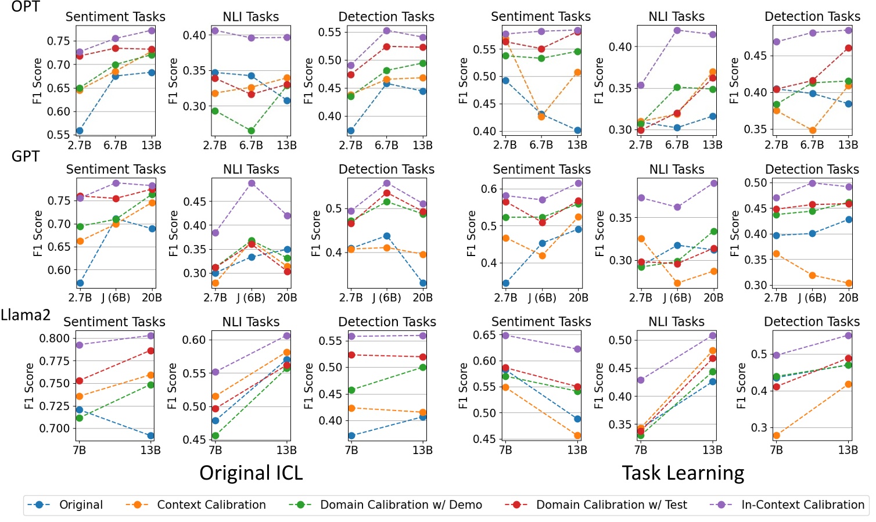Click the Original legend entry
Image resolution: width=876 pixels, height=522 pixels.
tap(81, 505)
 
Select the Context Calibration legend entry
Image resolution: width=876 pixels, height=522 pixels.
tap(211, 505)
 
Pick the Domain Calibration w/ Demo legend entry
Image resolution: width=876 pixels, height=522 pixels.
tap(401, 505)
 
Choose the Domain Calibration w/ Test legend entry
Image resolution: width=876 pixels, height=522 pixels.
tap(611, 505)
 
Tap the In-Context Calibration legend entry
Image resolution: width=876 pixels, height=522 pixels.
tap(802, 505)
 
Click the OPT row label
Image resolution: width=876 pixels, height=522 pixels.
tap(26, 7)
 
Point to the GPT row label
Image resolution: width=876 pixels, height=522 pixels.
tap(26, 157)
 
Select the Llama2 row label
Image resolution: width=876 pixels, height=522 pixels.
tap(26, 315)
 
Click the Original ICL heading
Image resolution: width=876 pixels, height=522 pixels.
tap(251, 473)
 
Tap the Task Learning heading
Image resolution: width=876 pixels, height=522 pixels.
tap(683, 473)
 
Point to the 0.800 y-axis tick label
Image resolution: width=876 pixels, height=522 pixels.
tap(54, 339)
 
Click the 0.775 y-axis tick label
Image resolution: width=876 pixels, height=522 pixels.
tap(54, 361)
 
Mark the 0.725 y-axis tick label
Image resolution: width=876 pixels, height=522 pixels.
tap(54, 406)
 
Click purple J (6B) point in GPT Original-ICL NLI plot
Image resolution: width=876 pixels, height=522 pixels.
tap(252, 183)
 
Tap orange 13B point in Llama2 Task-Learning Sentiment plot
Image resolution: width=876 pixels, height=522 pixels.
tap(577, 435)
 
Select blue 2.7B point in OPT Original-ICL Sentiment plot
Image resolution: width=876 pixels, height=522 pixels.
tap(80, 131)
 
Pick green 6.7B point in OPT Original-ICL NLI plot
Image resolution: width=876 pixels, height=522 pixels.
tap(251, 131)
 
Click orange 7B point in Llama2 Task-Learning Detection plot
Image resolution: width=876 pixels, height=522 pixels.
tap(776, 435)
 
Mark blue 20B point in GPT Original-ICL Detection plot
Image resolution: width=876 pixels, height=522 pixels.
tap(423, 283)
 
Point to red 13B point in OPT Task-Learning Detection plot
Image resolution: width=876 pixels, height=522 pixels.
tap(848, 48)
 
